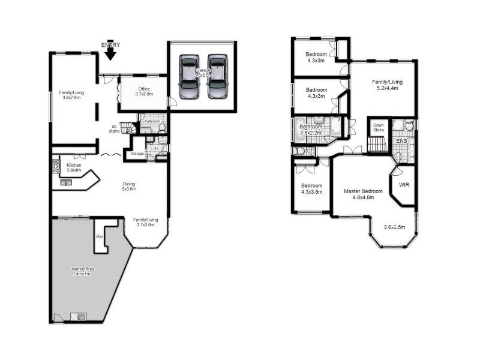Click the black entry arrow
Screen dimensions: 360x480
110,53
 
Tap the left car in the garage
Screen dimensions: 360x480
188,77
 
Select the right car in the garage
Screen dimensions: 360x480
217,77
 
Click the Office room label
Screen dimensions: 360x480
144,91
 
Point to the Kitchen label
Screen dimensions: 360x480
74,167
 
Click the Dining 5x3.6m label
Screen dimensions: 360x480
130,187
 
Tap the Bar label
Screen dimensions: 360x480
99,237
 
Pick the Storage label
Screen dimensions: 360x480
137,154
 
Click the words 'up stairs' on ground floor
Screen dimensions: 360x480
113,128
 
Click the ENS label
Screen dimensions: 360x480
401,142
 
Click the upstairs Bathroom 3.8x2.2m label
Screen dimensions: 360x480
311,130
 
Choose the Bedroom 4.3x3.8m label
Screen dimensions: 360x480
311,189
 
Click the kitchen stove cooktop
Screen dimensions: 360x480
56,165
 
